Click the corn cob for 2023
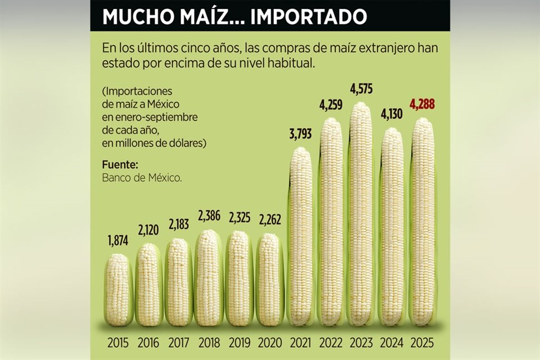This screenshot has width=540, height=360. click(x=362, y=214)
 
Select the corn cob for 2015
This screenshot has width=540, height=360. click(x=119, y=290)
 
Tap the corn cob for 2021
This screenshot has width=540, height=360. click(x=301, y=236)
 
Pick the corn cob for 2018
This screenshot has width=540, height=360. click(x=209, y=278)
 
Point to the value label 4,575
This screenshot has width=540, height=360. click(x=362, y=89)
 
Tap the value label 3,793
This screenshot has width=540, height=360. click(x=301, y=135)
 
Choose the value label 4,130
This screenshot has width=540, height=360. click(x=392, y=115)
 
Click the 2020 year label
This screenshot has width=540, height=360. click(x=270, y=342)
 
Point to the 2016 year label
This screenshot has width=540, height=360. click(x=148, y=342)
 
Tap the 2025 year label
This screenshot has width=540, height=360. click(x=422, y=342)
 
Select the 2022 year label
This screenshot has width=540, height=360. click(x=331, y=342)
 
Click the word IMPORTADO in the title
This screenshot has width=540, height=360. click(x=308, y=16)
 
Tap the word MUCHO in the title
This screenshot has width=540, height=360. click(x=138, y=16)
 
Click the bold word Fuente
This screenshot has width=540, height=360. click(x=120, y=165)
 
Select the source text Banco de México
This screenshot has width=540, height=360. click(x=142, y=178)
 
